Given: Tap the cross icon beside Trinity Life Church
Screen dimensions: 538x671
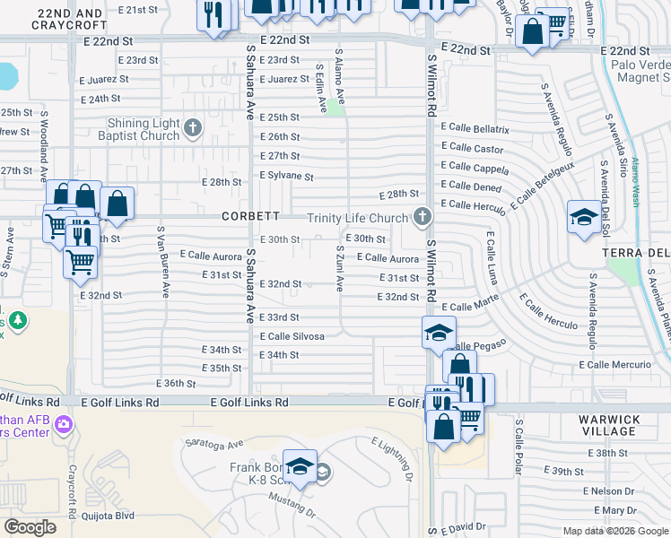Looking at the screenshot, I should pos(421,216).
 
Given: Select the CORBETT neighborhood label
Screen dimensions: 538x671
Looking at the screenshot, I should pos(251,216).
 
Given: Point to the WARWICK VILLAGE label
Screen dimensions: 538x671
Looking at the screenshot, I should pos(608,425).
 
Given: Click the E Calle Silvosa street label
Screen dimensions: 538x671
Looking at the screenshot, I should pos(292,335).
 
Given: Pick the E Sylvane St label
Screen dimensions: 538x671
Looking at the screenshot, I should pos(286,177).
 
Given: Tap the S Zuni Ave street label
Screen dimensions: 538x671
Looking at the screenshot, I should pos(340,268).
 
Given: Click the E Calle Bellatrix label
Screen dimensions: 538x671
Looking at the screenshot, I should pos(475,130).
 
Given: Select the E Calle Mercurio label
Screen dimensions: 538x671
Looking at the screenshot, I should pos(616,365).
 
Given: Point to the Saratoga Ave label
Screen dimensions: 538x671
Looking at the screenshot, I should pos(214,443).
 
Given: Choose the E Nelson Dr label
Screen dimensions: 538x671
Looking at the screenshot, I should pos(608,491).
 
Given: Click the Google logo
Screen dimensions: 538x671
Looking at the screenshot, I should pos(30,527).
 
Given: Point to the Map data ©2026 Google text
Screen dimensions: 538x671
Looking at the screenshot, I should pos(614,531).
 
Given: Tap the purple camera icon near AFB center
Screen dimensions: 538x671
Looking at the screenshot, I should pos(63,423).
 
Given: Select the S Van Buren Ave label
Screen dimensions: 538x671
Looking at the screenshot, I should pos(163,261).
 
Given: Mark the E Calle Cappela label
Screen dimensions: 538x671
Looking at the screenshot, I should pos(479,167).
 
